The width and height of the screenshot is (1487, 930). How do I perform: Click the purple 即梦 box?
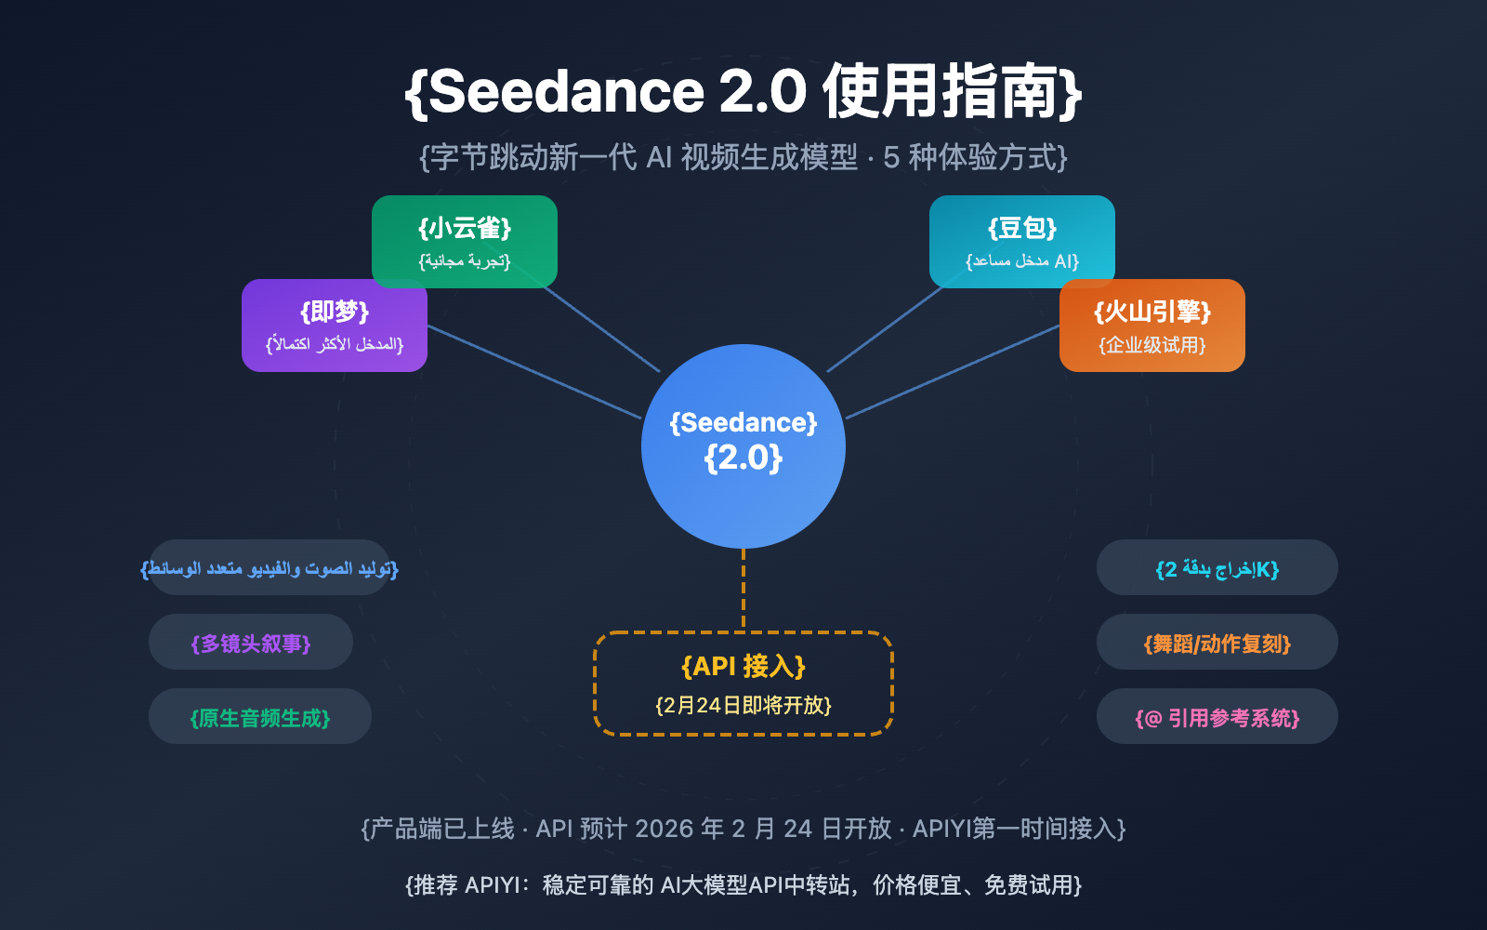335,325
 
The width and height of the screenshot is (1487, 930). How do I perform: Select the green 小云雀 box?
465,241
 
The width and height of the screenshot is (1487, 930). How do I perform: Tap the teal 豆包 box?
1022,241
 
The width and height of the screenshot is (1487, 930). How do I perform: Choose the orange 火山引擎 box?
1152,325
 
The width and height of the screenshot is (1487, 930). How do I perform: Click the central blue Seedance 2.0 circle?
743,446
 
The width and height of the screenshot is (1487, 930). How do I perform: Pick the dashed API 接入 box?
743,684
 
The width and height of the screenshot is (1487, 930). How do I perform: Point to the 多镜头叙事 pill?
251,643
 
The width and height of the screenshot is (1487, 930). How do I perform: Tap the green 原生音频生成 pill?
260,717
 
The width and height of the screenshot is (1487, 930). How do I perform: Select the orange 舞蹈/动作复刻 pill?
1217,643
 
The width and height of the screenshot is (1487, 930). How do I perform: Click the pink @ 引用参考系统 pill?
1217,717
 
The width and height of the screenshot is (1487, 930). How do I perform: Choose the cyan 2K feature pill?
1217,568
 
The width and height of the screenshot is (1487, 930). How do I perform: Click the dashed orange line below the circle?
743,591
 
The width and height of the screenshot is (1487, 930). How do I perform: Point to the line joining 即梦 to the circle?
534,372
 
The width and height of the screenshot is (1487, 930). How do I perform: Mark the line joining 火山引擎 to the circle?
953,372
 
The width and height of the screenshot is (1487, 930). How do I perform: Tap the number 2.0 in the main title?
762,91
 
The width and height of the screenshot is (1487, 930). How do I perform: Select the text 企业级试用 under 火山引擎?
1152,345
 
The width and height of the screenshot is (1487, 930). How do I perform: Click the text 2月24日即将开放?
743,705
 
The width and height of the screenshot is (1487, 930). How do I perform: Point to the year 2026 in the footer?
665,829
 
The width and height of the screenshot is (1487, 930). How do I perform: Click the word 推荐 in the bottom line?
436,884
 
